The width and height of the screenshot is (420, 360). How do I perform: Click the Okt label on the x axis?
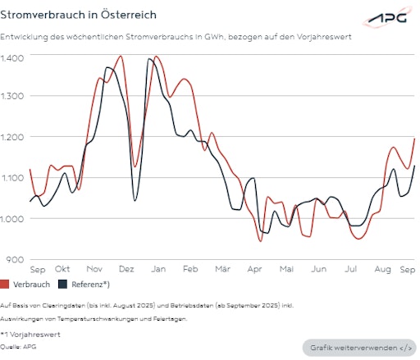[62, 269]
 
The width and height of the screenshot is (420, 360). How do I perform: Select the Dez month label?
[126, 269]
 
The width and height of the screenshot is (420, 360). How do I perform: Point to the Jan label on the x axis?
[158, 269]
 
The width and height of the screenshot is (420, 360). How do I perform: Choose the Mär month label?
[222, 269]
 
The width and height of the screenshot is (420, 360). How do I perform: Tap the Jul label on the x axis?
[350, 269]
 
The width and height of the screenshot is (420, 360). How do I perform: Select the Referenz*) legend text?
[91, 285]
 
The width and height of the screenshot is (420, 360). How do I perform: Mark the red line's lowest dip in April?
[260, 240]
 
